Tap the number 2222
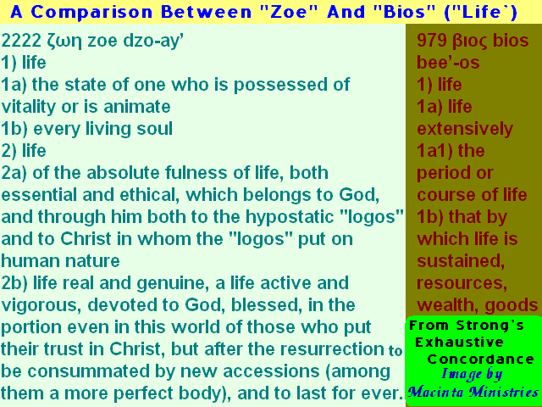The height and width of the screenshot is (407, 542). coord(21,42)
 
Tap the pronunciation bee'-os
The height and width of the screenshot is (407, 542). coord(448,63)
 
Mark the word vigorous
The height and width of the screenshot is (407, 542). coord(41,306)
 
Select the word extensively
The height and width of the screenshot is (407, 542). coord(465,129)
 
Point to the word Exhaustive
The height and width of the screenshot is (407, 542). coord(459,343)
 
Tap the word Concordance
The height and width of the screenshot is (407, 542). coord(481,359)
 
